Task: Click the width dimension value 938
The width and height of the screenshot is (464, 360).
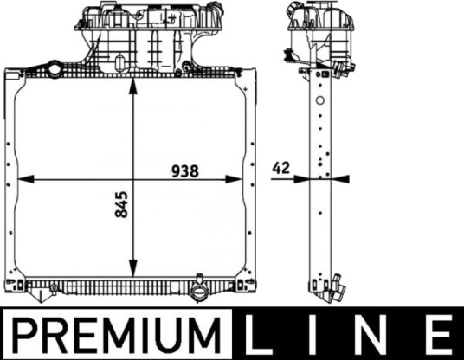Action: [185, 171]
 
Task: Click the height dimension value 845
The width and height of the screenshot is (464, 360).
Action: [121, 204]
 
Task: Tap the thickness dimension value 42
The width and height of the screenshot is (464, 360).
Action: [280, 168]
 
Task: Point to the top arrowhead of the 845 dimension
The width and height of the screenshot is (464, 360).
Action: [133, 87]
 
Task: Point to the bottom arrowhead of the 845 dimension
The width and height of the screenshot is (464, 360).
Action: [133, 268]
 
